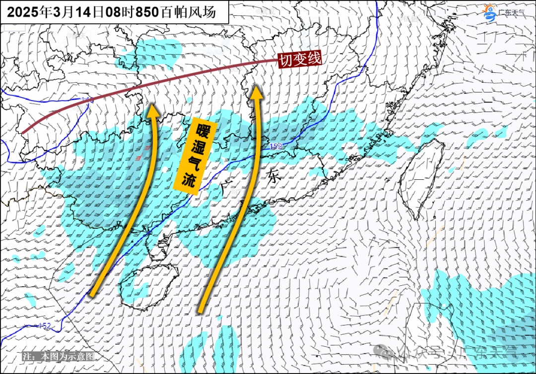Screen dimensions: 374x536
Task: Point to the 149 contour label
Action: click(x=87, y=101)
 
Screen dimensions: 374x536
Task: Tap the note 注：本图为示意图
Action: click(x=59, y=356)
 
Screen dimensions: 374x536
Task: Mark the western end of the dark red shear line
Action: click(x=22, y=132)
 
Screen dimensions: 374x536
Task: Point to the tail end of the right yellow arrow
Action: click(x=201, y=311)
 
